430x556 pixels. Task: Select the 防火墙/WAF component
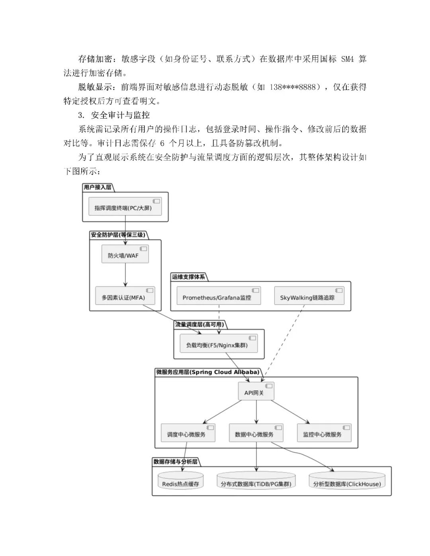coord(125,255)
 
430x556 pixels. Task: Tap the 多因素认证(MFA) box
coord(125,297)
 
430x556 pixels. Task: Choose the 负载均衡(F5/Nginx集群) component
coord(215,345)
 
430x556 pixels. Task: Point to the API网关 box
coord(256,392)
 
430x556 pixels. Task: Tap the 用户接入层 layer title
coord(98,187)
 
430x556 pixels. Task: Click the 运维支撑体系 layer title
coord(188,277)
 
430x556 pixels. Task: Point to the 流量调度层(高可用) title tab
coord(199,324)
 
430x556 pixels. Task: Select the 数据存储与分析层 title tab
coord(175,462)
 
